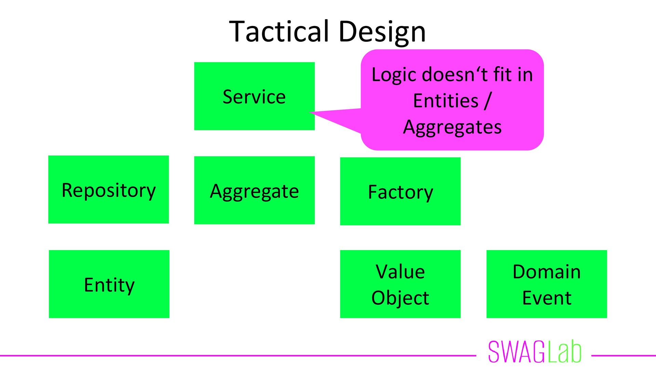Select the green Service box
click(254, 96)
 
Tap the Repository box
click(108, 190)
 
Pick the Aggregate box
click(254, 190)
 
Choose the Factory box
click(400, 191)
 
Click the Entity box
click(109, 284)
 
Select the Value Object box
click(400, 284)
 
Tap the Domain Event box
click(546, 284)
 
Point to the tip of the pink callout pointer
click(310, 112)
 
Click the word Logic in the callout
click(395, 74)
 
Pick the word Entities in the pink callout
click(446, 101)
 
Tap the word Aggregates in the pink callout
click(452, 127)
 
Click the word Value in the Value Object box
click(400, 272)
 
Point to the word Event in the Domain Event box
click(547, 298)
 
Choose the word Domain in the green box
click(546, 272)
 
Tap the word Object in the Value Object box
click(400, 298)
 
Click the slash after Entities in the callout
click(488, 101)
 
